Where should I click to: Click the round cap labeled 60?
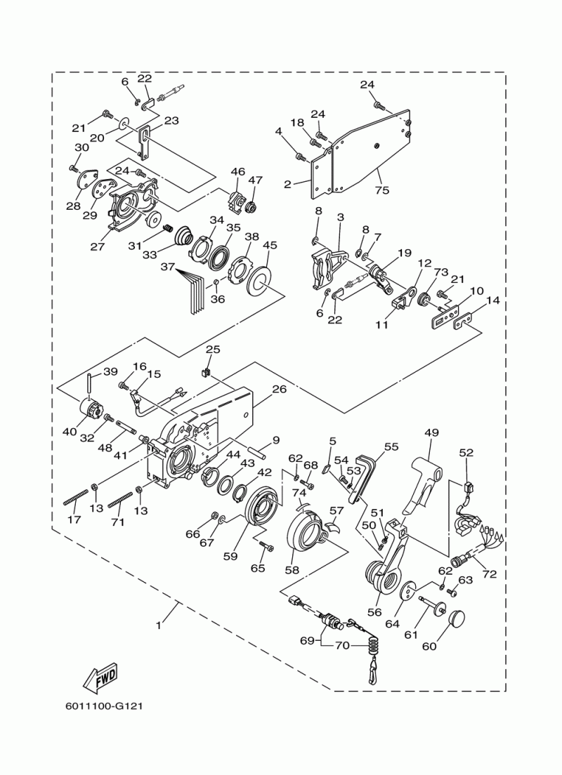tap(459, 619)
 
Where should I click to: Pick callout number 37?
tap(168, 267)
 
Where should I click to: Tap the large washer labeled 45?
tap(262, 280)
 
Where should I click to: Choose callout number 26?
tap(280, 389)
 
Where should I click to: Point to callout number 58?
tap(292, 569)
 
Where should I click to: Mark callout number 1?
tap(158, 625)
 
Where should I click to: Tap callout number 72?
tap(489, 574)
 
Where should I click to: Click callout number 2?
tap(288, 185)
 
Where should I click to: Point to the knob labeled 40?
tap(91, 409)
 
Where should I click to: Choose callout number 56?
tap(374, 612)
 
